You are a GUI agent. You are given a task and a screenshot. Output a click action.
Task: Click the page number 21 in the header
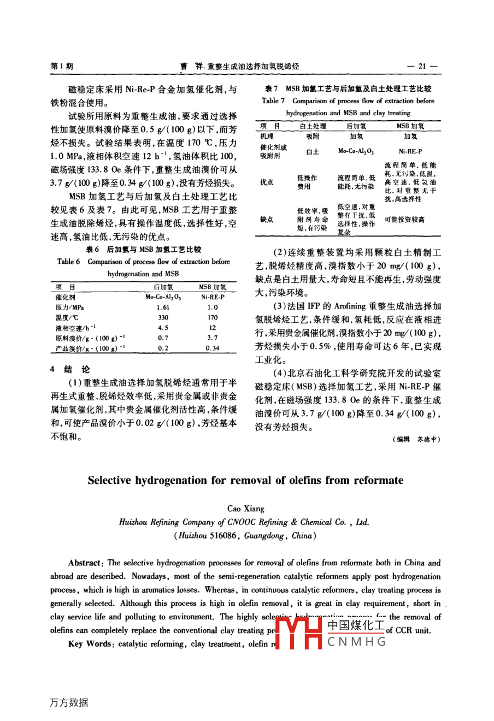[x=422, y=66]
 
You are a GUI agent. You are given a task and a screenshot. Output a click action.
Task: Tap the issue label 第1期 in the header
[x=62, y=66]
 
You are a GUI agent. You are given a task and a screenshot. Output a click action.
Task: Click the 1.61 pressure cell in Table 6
[x=163, y=308]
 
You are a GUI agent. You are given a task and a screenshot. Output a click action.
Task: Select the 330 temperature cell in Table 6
[x=163, y=317]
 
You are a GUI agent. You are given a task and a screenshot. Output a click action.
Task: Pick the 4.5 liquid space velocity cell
[x=163, y=328]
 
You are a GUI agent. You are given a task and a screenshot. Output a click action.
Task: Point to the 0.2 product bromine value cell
[x=163, y=348]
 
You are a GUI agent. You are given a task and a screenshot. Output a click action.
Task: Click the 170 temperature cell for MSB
[x=213, y=317]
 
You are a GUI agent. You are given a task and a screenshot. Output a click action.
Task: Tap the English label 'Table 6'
[x=69, y=262]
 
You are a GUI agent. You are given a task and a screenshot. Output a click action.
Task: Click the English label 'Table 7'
[x=273, y=101]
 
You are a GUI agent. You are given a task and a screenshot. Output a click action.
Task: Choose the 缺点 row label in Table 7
[x=267, y=219]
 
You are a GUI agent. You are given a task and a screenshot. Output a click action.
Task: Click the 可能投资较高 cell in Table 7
[x=404, y=219]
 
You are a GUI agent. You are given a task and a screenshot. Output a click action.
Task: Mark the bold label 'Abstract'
[x=85, y=563]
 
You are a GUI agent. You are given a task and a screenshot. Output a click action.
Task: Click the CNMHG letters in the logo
[x=357, y=641]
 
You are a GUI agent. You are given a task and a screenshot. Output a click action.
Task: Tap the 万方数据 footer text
[x=69, y=702]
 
